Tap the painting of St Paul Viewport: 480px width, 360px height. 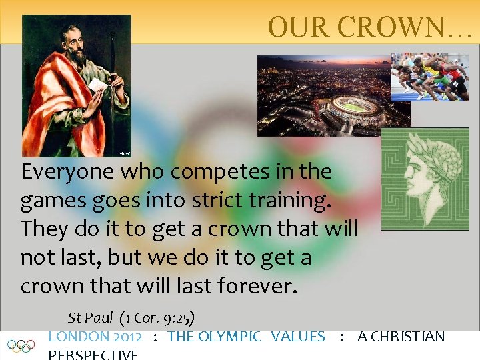75,85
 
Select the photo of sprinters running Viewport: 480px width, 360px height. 430,77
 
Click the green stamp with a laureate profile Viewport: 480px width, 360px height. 425,179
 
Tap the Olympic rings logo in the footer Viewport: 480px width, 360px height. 21,346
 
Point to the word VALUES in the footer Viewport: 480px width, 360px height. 298,337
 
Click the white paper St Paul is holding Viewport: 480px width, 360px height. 97,86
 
